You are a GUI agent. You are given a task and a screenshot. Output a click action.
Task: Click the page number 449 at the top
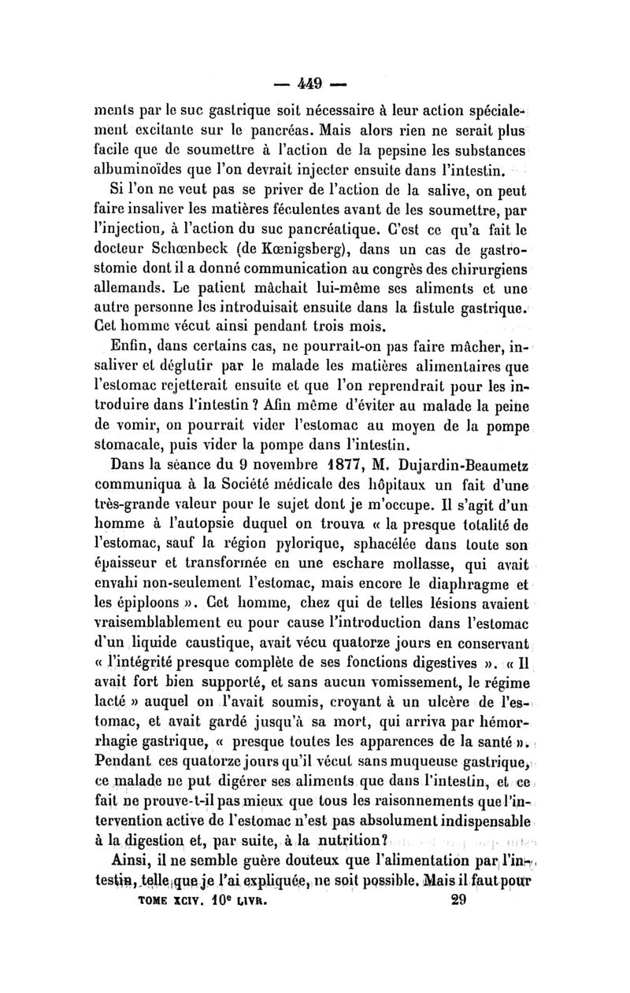[314, 81]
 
